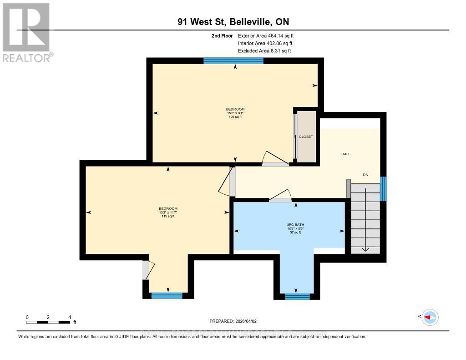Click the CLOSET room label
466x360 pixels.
pos(306,137)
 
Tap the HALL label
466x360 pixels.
pos(346,154)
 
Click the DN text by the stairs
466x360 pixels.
pos(365,175)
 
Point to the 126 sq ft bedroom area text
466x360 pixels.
pos(235,117)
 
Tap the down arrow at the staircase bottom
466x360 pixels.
pos(365,248)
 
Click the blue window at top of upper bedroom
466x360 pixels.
pos(233,61)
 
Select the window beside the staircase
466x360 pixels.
pos(383,189)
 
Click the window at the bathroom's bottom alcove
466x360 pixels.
pos(297,297)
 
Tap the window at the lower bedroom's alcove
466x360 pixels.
pos(167,295)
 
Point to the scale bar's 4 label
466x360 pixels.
pos(70,317)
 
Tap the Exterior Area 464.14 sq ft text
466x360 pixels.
pos(269,35)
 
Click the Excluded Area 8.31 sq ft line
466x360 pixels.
pos(264,51)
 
